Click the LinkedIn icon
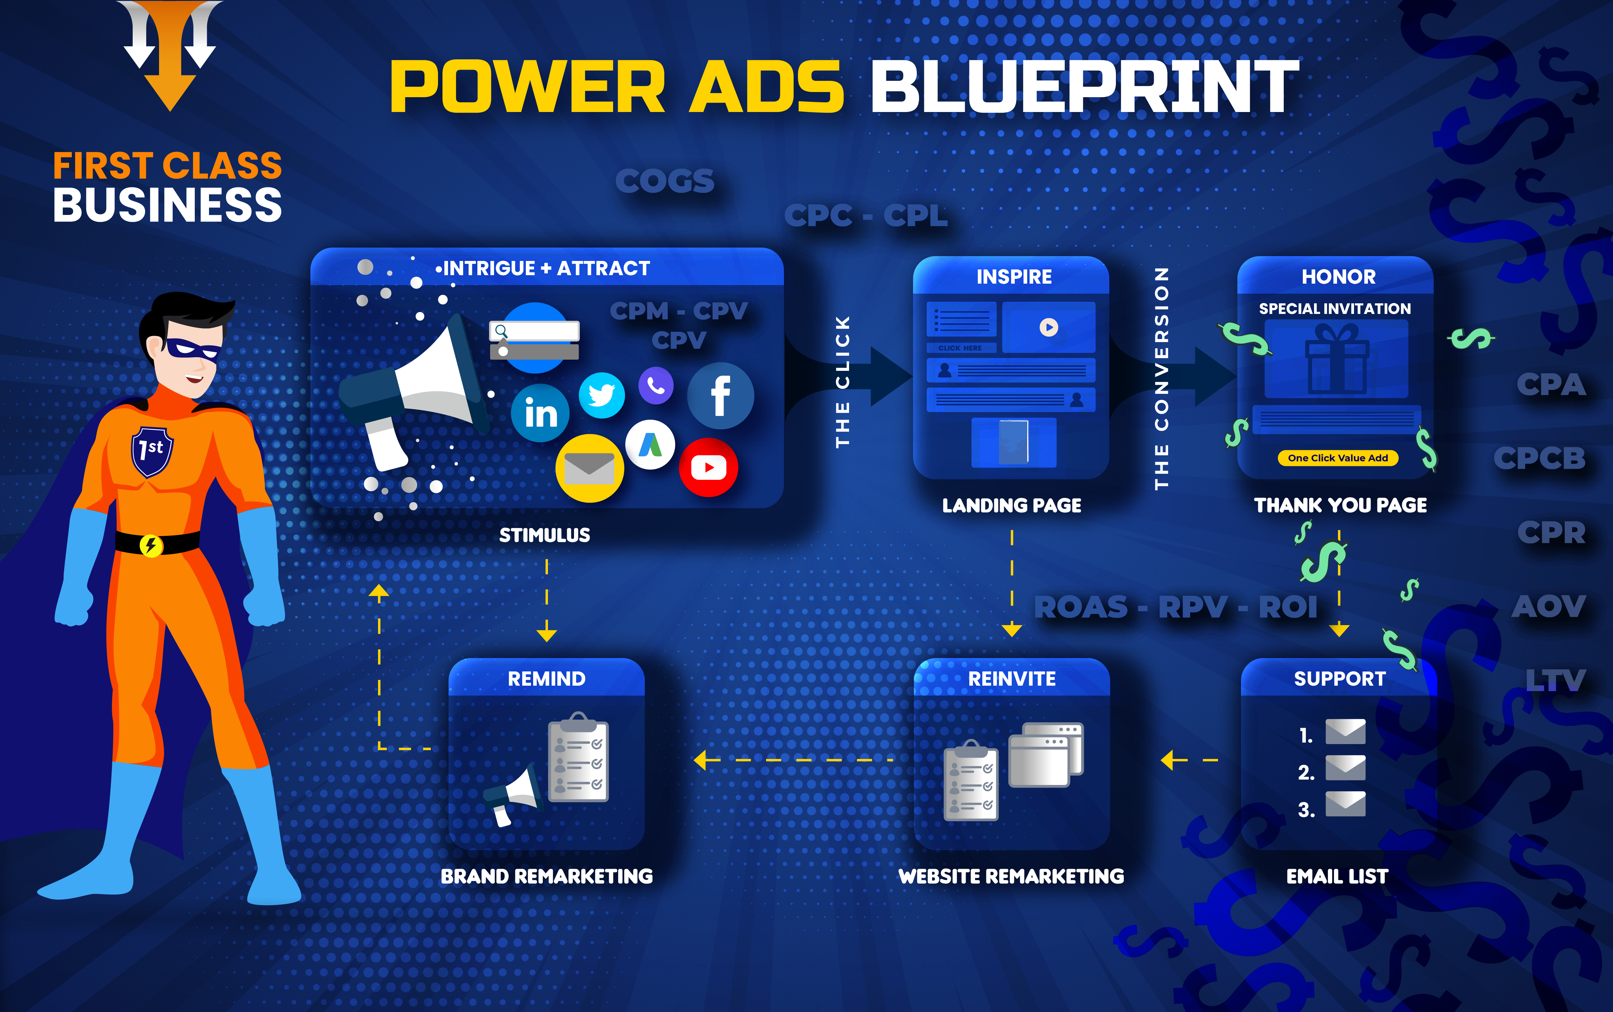coord(540,413)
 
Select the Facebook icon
coord(720,396)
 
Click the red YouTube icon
coord(709,467)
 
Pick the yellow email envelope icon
coord(589,468)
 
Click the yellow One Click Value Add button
coord(1338,458)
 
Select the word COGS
coord(665,181)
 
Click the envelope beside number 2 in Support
coord(1345,768)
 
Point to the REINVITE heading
coord(1012,679)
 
